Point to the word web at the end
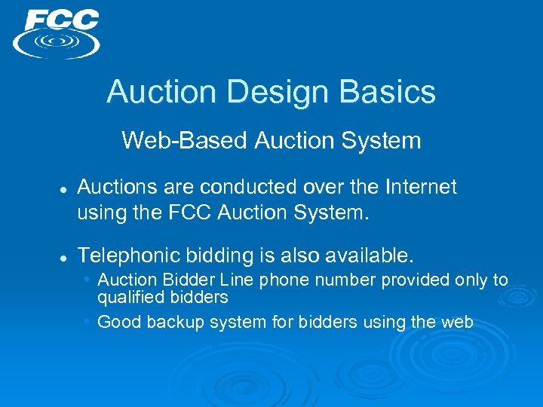457,323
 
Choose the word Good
119,323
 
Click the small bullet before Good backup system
88,322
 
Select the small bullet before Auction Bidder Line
88,280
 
